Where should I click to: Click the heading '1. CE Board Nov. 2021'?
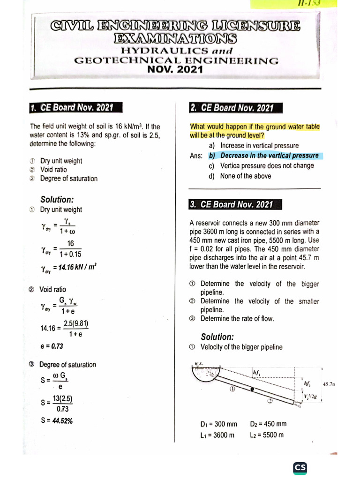point(71,108)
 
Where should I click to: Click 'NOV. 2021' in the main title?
point(176,70)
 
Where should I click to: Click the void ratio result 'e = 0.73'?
point(52,346)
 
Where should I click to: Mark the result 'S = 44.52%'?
point(56,420)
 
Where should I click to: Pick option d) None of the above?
point(240,176)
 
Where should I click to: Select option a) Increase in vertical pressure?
point(254,146)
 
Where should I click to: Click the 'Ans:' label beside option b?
point(196,156)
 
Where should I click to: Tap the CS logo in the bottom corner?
point(300,467)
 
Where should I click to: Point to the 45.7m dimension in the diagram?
point(329,384)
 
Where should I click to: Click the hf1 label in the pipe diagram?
point(256,373)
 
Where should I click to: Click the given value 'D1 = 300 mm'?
point(218,424)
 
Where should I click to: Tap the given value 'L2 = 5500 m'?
point(267,435)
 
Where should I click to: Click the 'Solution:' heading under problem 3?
point(217,337)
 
